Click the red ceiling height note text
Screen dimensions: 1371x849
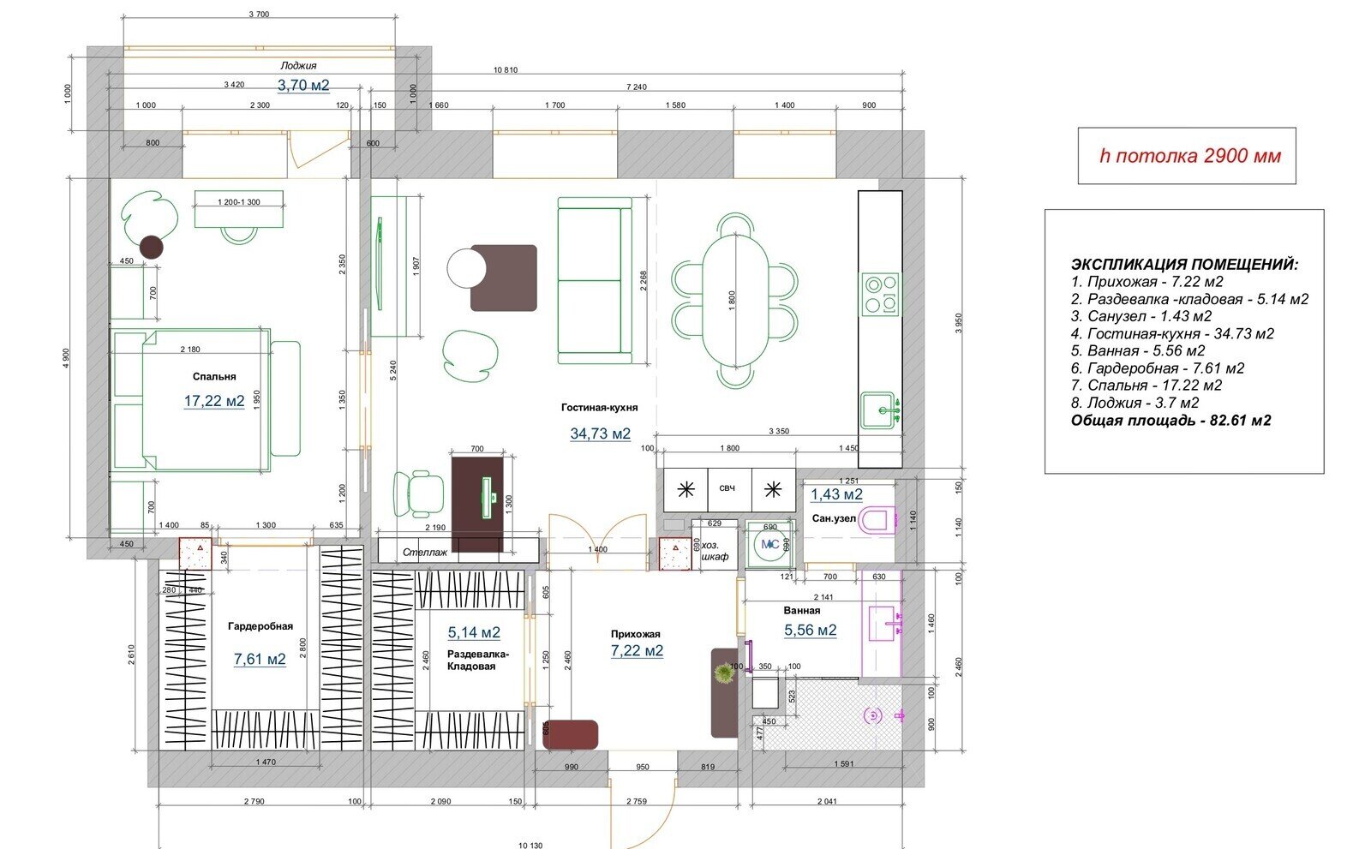(x=1190, y=156)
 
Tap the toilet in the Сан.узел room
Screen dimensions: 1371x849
(x=877, y=520)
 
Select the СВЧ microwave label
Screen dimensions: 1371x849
(x=727, y=488)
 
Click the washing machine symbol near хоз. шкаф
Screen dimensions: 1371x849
(x=769, y=544)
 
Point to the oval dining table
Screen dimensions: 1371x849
(x=735, y=301)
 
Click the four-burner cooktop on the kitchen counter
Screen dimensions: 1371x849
(x=881, y=294)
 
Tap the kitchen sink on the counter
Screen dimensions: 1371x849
(x=880, y=410)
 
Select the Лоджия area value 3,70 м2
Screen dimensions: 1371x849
(x=303, y=85)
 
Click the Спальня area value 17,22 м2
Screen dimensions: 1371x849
(x=214, y=401)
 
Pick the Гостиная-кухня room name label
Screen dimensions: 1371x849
(x=599, y=408)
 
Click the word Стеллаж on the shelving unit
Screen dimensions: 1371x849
(x=425, y=552)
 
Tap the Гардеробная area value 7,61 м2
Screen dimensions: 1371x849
(x=260, y=660)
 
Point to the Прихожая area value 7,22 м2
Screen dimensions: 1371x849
(x=637, y=651)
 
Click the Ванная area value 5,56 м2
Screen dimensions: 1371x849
(x=811, y=630)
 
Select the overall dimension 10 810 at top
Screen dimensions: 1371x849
(x=506, y=69)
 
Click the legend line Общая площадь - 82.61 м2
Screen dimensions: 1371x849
(x=1170, y=421)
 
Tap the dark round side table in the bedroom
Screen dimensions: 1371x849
(x=151, y=248)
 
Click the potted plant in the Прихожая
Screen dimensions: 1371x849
(x=725, y=673)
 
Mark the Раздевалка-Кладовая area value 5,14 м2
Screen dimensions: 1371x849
(x=474, y=632)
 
